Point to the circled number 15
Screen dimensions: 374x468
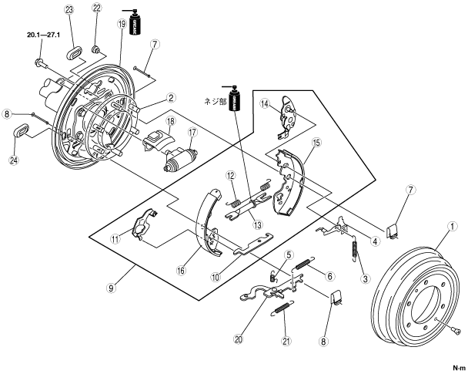(x=316, y=143)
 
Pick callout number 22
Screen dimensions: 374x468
(x=96, y=8)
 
